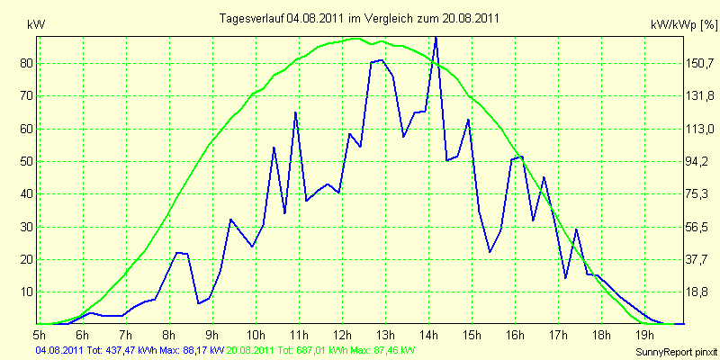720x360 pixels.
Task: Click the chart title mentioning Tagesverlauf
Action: point(359,18)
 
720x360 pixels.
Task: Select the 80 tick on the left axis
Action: point(29,63)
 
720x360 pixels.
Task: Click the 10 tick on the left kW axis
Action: point(29,292)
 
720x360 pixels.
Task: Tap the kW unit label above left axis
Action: point(36,25)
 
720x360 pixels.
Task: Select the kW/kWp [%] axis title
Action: point(684,25)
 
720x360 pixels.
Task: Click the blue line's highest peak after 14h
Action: point(436,38)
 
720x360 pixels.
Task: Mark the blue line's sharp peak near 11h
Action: point(296,112)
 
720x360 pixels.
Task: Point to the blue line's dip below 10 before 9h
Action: point(198,303)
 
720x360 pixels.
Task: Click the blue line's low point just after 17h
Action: point(565,278)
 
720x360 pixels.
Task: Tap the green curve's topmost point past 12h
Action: point(355,39)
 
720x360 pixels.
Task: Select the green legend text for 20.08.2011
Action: point(318,350)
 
